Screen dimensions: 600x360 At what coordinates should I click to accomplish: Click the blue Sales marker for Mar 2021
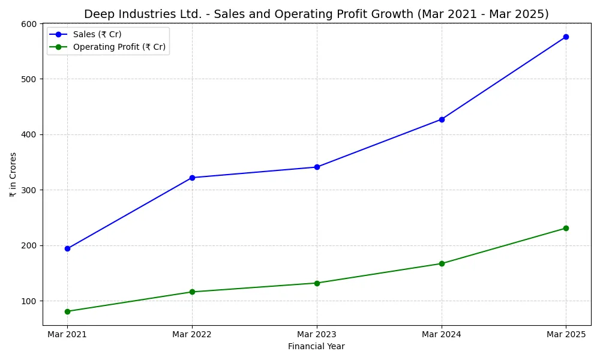67,248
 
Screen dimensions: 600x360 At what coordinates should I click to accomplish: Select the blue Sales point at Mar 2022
192,178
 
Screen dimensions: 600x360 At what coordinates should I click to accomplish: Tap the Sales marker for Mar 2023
317,167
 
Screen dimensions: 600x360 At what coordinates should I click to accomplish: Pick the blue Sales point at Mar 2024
442,119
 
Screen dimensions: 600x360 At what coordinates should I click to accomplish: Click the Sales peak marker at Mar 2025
566,37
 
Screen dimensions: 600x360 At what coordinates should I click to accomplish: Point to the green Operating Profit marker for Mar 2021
67,311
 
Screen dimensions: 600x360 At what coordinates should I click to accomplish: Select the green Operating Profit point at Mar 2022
192,292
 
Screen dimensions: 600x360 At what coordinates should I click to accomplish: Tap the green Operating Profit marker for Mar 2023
317,283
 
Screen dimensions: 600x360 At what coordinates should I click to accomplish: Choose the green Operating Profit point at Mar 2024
442,263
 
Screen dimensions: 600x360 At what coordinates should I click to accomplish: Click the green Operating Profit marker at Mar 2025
566,228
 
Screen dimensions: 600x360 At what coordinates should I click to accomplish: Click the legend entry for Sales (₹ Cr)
97,35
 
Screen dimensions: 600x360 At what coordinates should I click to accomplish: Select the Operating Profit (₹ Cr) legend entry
119,47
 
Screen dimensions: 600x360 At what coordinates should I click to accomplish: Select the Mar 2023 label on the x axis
317,334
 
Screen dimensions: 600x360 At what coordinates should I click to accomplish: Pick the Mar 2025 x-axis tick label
566,334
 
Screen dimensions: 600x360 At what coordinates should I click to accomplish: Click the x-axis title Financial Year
316,346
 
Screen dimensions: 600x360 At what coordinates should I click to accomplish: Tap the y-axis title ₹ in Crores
13,175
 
